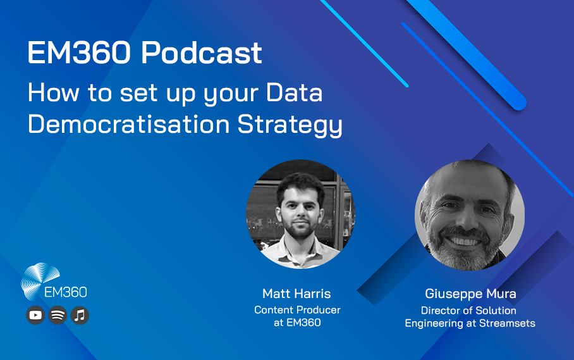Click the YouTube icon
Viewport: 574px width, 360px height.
[x=35, y=315]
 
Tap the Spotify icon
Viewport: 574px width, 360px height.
[x=58, y=315]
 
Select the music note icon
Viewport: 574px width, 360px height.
[x=80, y=315]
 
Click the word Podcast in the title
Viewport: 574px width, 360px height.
[x=201, y=53]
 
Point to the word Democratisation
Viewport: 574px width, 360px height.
[x=128, y=124]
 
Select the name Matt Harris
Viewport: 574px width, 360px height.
[x=296, y=294]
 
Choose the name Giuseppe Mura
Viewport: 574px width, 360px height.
[x=470, y=294]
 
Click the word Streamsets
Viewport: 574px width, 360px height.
[x=507, y=323]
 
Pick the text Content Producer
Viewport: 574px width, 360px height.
[x=297, y=310]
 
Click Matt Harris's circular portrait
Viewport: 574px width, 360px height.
[x=300, y=214]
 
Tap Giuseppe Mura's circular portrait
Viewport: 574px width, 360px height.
[x=470, y=215]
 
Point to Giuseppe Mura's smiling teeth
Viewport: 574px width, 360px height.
[x=465, y=242]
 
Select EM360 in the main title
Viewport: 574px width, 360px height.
[x=79, y=53]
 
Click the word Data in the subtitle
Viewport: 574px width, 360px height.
[x=295, y=92]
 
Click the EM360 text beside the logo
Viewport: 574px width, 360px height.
[x=66, y=292]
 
